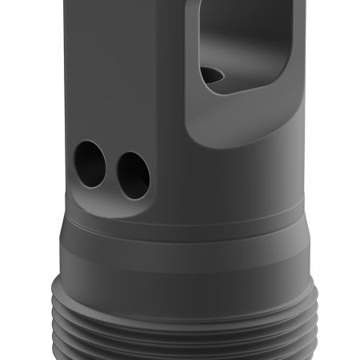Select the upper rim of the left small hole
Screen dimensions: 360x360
(x=91, y=145)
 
